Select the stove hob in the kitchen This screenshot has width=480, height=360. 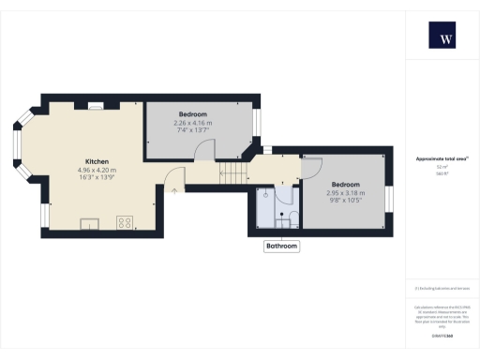tap(123, 222)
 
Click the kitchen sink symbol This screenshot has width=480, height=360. tap(90, 223)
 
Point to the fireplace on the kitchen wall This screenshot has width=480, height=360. tap(95, 106)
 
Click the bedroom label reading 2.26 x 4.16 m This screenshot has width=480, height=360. tap(192, 123)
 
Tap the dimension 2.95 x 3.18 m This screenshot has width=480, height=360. tap(345, 192)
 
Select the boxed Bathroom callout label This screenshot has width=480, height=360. tap(281, 247)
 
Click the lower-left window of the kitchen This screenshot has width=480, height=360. tap(44, 217)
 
